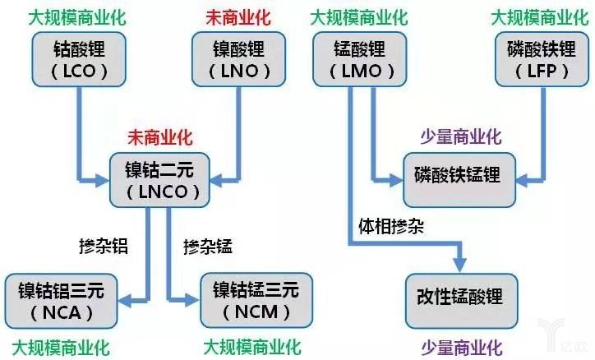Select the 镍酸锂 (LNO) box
point(232,58)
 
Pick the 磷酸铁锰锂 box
point(457,177)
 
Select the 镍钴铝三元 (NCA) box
point(62,300)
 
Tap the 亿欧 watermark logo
point(572,345)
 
